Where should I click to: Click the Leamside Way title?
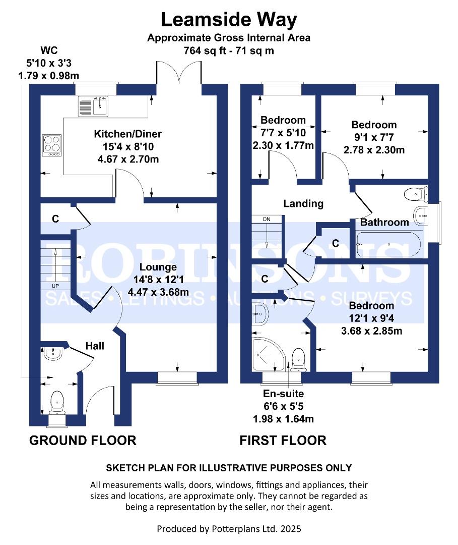pos(229,20)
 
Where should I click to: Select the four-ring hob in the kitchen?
pos(51,144)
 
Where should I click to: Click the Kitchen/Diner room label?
pos(127,134)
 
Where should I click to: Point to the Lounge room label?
pos(159,267)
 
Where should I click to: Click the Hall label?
pos(95,346)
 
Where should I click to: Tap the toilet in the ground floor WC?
pos(57,401)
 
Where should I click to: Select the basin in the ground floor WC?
pos(52,355)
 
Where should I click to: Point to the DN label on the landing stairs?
pos(267,220)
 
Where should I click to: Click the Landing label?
pos(303,204)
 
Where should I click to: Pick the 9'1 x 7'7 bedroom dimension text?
pos(374,138)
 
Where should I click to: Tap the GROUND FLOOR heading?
pos(83,440)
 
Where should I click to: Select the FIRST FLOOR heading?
pos(283,440)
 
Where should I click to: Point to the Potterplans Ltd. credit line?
pos(229,529)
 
